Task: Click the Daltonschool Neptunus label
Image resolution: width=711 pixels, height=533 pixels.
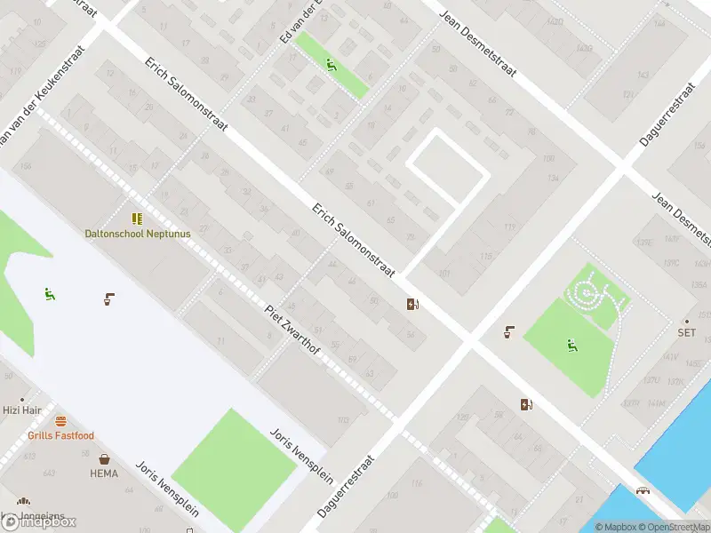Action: pyautogui.click(x=138, y=234)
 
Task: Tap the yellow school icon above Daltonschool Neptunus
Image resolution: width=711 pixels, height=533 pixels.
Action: pyautogui.click(x=137, y=219)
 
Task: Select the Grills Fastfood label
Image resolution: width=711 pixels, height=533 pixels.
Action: pyautogui.click(x=60, y=435)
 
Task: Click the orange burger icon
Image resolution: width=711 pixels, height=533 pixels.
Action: pyautogui.click(x=60, y=421)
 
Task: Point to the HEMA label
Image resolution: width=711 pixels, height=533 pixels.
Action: pyautogui.click(x=104, y=473)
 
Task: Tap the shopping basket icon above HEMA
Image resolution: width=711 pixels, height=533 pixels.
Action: pyautogui.click(x=105, y=459)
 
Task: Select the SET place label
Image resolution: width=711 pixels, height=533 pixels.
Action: pyautogui.click(x=686, y=332)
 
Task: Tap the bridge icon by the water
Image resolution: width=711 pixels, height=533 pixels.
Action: pyautogui.click(x=642, y=490)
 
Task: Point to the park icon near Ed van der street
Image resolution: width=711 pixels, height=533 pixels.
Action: pyautogui.click(x=331, y=64)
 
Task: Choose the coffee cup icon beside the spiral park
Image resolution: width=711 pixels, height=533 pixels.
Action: pyautogui.click(x=509, y=332)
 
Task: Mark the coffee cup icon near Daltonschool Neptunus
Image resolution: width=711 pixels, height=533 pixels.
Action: pyautogui.click(x=108, y=298)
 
